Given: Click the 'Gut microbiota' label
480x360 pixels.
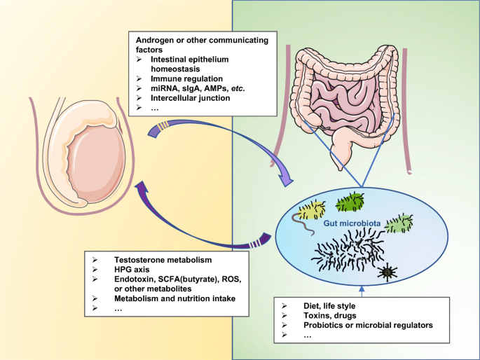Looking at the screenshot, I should pyautogui.click(x=352, y=223).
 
